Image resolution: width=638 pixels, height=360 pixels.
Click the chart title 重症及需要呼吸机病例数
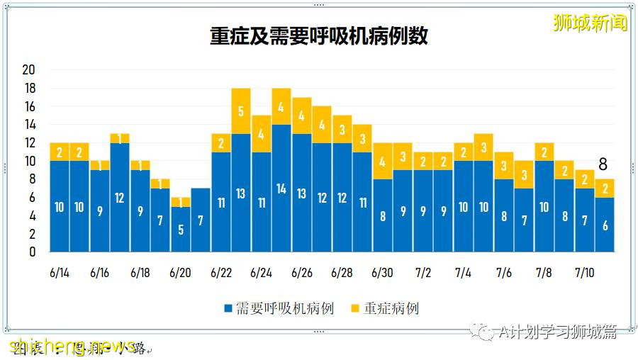pos(318,37)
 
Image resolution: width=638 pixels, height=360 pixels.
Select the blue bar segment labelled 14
pos(281,189)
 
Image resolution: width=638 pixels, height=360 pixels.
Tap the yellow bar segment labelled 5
pos(241,111)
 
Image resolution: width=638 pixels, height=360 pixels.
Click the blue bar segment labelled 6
pos(605,225)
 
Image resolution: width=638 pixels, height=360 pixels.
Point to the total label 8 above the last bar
pos(603,165)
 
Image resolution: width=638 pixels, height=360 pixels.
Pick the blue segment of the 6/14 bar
pos(60,206)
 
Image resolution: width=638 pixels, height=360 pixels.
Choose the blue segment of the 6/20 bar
pos(181,229)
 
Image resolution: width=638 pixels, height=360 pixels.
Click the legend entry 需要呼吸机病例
pos(278,308)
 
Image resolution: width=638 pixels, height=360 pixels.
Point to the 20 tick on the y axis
pos(29,70)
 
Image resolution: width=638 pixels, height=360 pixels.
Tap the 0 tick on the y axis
pos(32,252)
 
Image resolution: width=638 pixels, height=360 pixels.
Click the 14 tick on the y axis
pos(29,125)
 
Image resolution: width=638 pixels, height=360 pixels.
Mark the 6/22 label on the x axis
pos(221,273)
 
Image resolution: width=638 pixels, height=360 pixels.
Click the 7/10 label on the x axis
pos(585,273)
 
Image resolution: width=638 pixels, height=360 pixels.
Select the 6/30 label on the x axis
pos(383,273)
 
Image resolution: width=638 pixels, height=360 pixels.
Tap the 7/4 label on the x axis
pos(464,273)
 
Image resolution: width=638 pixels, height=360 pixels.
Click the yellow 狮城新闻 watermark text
pos(591,23)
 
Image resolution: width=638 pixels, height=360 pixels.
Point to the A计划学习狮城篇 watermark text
pos(557,332)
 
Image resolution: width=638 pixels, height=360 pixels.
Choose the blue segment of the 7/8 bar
pos(544,206)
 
